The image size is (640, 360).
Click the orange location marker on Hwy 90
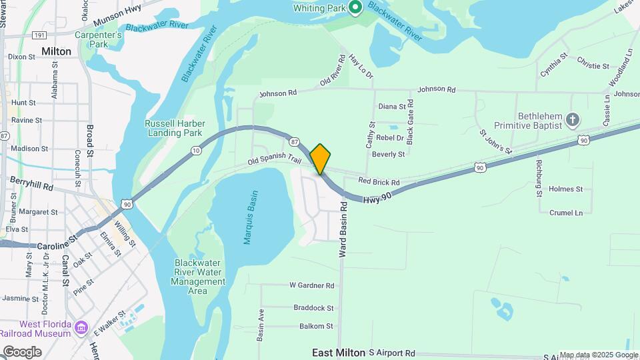click(x=321, y=159)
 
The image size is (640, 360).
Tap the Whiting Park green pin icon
click(x=355, y=7)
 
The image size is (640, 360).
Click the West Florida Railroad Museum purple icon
click(x=81, y=328)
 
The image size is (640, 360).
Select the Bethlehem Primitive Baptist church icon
click(x=571, y=120)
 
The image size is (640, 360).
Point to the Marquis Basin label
click(x=251, y=217)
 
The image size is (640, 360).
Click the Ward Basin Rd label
click(x=343, y=229)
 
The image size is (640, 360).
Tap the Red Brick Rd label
click(x=378, y=181)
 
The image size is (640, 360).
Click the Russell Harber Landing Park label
click(x=175, y=128)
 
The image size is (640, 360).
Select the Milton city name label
click(x=56, y=51)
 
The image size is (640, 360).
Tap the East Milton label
click(x=339, y=353)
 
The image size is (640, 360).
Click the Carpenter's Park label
click(x=98, y=39)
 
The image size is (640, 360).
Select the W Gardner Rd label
click(x=311, y=285)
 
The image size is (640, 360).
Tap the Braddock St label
click(x=313, y=308)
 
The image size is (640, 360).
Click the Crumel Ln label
click(x=566, y=213)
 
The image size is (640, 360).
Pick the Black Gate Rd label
click(x=410, y=122)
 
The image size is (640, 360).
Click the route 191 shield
click(x=38, y=35)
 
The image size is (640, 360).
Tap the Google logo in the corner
click(x=22, y=351)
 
